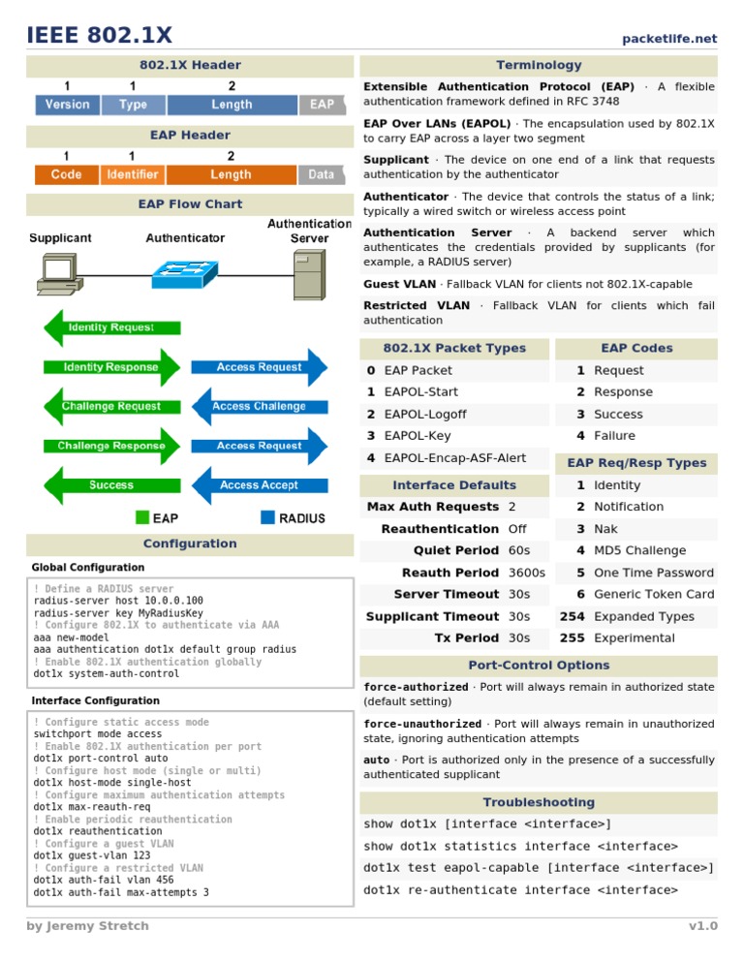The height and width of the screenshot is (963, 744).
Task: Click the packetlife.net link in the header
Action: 669,39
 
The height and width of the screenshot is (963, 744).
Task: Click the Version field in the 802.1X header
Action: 67,105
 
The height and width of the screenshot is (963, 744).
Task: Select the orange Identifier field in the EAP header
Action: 132,174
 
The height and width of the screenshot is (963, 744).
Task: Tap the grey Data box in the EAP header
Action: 321,174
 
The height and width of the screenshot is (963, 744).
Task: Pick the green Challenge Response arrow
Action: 112,447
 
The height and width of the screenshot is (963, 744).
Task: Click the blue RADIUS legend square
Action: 267,518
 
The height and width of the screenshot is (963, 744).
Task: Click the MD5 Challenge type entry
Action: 639,550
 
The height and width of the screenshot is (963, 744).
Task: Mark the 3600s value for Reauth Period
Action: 527,573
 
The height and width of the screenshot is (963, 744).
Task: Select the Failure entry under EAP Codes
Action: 614,436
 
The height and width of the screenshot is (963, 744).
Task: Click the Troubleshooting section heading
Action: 539,802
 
